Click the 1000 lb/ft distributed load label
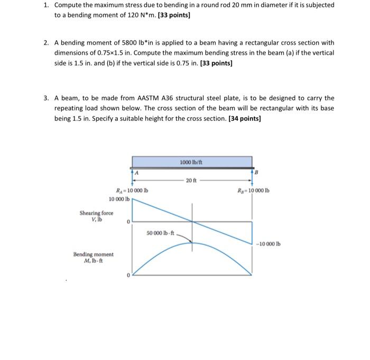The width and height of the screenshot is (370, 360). pos(192,162)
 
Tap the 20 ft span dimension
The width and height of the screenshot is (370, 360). pos(192,181)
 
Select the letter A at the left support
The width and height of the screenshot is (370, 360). pos(136,173)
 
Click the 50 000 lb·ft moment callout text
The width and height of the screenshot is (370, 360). pos(161,233)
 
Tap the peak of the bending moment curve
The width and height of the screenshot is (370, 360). pos(192,242)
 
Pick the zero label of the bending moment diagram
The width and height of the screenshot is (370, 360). pos(128,274)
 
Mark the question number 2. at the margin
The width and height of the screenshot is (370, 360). pos(47,42)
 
